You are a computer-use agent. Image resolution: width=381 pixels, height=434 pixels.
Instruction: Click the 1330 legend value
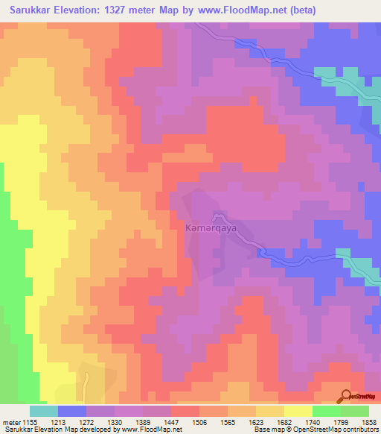pos(114,421)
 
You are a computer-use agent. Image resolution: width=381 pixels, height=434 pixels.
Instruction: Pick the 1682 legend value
pos(285,421)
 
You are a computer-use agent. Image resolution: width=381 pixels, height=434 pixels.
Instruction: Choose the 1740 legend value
pos(313,421)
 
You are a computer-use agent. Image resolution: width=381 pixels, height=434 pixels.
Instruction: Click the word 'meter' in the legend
pos(13,421)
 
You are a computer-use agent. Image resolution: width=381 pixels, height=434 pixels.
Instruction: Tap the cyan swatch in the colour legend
pos(44,411)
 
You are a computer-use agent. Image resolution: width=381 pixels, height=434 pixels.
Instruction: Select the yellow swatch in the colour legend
pos(298,411)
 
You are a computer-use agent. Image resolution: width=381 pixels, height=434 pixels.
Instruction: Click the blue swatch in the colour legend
pos(72,411)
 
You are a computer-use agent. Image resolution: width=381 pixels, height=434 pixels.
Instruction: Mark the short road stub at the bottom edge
pos(86,388)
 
